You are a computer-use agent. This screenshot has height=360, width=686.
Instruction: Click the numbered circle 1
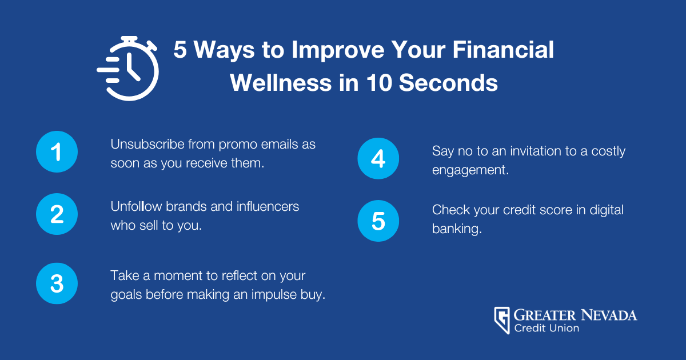pyautogui.click(x=57, y=152)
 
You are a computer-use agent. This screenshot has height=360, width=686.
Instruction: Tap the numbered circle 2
pyautogui.click(x=57, y=214)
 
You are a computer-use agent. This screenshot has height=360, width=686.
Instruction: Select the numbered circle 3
pyautogui.click(x=57, y=283)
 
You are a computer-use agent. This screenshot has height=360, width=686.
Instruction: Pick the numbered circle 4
pyautogui.click(x=378, y=159)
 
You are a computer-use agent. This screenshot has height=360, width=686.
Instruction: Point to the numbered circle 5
pyautogui.click(x=378, y=221)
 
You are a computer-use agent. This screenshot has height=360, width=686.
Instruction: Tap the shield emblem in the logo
pyautogui.click(x=502, y=320)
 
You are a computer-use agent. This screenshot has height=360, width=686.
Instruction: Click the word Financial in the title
pyautogui.click(x=503, y=50)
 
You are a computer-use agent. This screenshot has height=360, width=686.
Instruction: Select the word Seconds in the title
pyautogui.click(x=448, y=83)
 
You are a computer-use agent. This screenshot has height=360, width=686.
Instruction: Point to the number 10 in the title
pyautogui.click(x=379, y=83)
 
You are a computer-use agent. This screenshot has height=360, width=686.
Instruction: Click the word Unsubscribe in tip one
pyautogui.click(x=147, y=144)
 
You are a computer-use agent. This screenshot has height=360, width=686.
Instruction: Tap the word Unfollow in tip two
pyautogui.click(x=136, y=206)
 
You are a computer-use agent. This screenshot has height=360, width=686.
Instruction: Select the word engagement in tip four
pyautogui.click(x=470, y=170)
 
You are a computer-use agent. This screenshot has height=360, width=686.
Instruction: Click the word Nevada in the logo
pyautogui.click(x=609, y=315)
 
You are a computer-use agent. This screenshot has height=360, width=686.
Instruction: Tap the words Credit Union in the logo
pyautogui.click(x=547, y=328)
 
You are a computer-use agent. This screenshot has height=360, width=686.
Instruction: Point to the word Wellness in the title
pyautogui.click(x=281, y=83)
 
